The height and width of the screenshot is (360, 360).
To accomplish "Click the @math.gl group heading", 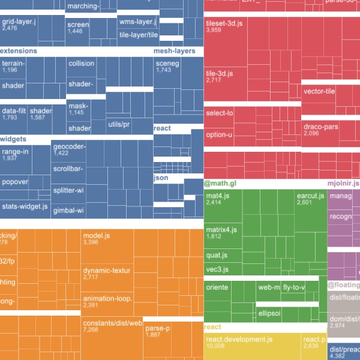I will tap(221, 183).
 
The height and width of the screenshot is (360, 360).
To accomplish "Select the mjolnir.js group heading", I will tap(343, 183).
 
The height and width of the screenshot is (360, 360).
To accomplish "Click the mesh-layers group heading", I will tap(175, 51).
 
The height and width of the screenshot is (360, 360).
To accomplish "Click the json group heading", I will tap(160, 178).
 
